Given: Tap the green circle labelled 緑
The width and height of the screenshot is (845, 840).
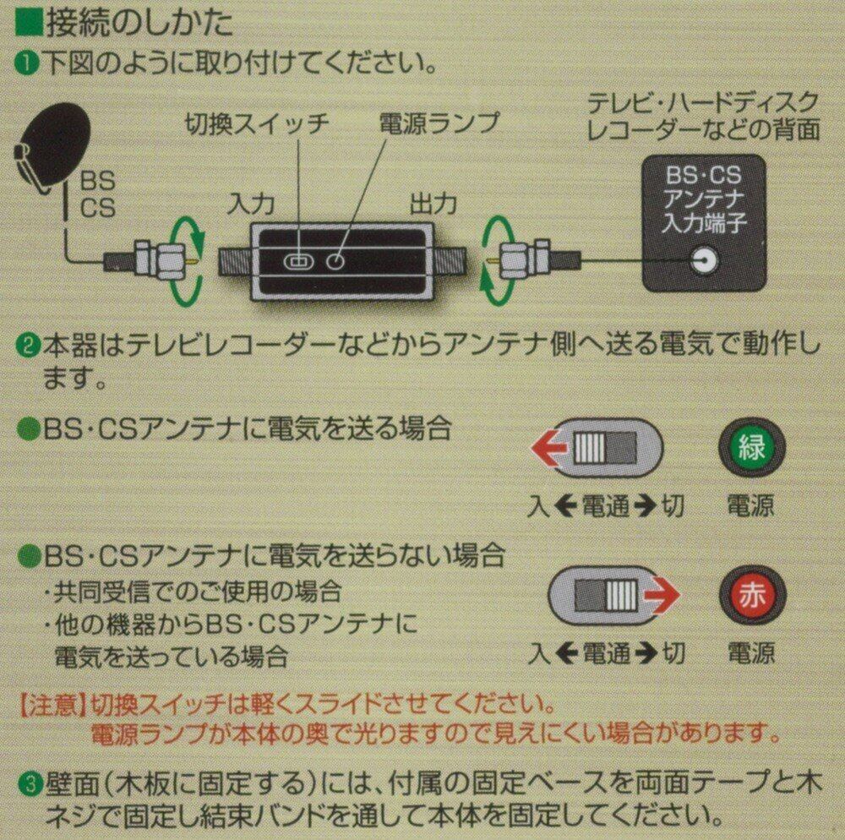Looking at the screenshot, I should coord(751,448).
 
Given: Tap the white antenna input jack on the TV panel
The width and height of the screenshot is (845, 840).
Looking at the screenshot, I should coord(700,262).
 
